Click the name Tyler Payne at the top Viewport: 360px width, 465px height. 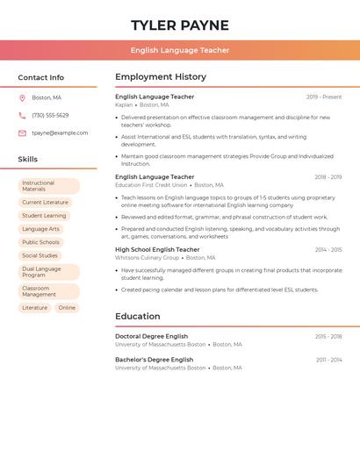click(180, 25)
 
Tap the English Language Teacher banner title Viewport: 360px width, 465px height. click(180, 50)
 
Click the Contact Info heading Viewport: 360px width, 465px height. click(41, 77)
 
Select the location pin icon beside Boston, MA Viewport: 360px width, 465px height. click(22, 97)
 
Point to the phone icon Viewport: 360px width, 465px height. click(22, 115)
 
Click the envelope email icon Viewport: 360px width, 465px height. click(22, 132)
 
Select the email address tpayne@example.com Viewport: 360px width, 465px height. click(60, 132)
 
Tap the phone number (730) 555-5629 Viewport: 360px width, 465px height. click(50, 115)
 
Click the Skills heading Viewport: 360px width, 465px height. click(28, 159)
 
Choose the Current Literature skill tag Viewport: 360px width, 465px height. click(45, 202)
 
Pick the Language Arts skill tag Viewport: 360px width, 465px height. click(40, 229)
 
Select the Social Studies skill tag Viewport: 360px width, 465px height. click(40, 255)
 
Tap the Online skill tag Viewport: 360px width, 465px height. click(67, 308)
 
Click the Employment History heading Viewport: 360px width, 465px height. click(161, 77)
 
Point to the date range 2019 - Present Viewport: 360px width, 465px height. click(324, 97)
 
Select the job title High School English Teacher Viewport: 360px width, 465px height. click(157, 249)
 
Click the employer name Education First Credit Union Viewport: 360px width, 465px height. click(151, 185)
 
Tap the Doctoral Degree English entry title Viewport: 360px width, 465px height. click(151, 336)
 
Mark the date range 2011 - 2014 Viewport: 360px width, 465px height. click(328, 360)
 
